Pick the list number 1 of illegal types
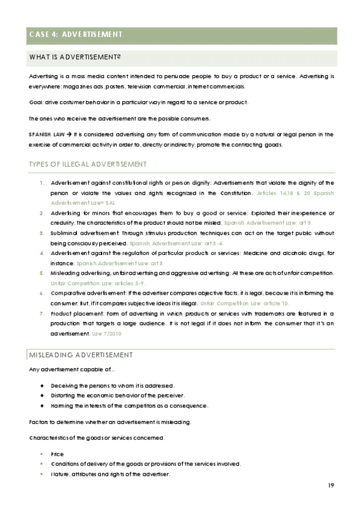[x=41, y=182]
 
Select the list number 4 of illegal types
[x=41, y=253]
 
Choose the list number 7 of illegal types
[x=41, y=314]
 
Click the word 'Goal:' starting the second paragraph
[x=37, y=102]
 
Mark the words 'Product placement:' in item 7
[x=75, y=314]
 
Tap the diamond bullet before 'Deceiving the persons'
[x=41, y=385]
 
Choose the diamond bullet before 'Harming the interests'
[x=41, y=406]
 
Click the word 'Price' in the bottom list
[x=58, y=454]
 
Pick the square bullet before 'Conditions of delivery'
[x=41, y=464]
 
